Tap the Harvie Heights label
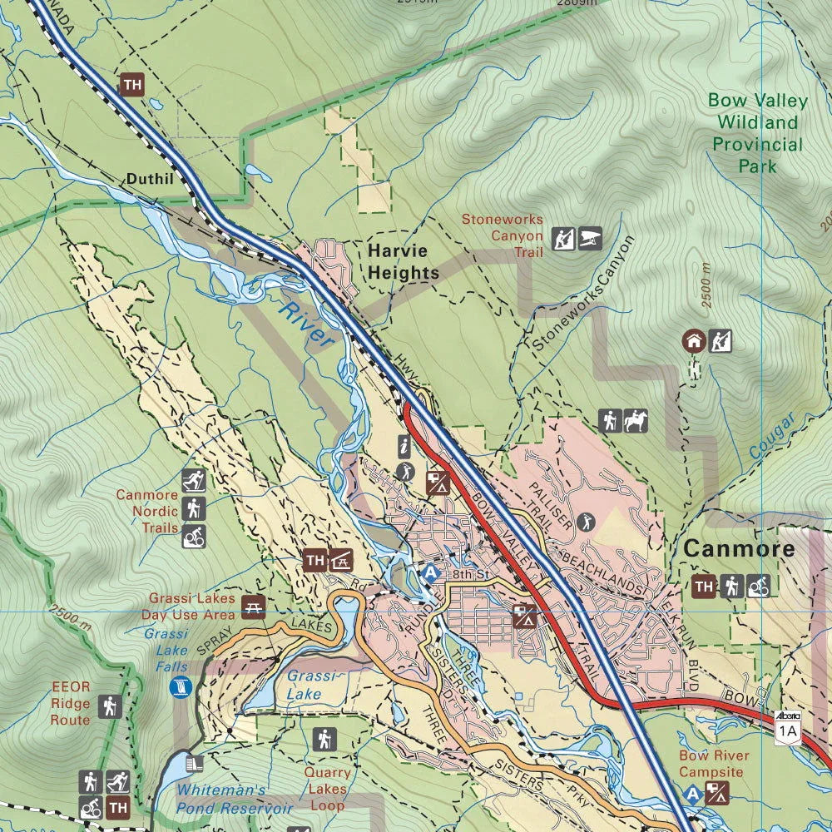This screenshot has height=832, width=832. tap(403, 261)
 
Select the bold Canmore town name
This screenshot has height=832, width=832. tap(739, 550)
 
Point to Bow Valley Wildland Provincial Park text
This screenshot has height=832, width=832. tap(757, 133)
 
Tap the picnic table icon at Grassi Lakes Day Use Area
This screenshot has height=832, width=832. tap(253, 607)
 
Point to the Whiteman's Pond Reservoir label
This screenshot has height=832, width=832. tap(234, 800)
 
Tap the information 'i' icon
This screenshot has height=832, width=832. tap(405, 447)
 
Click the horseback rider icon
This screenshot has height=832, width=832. tap(636, 422)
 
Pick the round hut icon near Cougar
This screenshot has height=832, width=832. tap(694, 340)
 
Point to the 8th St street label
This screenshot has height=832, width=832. tap(468, 573)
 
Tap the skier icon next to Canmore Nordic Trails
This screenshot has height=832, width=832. tap(193, 480)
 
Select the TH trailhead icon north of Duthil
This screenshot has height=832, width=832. tap(131, 85)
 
